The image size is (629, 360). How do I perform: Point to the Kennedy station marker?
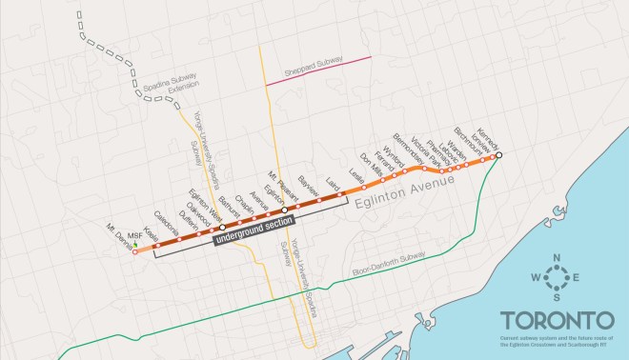click(x=499, y=155)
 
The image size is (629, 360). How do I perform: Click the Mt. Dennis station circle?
click(x=134, y=252)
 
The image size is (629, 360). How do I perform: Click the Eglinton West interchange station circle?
click(x=222, y=228)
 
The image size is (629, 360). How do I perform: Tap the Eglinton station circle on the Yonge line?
click(x=284, y=210)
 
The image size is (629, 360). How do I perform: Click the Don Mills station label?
click(x=370, y=163)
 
